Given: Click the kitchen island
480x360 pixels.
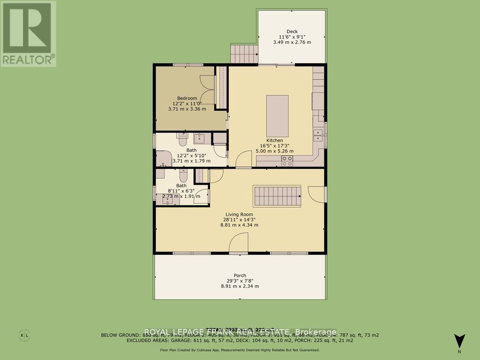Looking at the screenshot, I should pos(277,115).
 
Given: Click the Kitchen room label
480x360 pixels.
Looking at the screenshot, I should pos(275,140).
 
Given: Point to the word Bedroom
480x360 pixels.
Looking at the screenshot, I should pos(187,97).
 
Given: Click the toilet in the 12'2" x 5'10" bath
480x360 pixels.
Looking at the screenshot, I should pos(183,139).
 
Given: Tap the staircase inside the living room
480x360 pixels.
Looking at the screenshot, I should pos(277,195).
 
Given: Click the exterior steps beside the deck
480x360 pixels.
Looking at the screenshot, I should pos(244,53).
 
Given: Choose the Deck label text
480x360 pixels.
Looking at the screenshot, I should pos(292,31).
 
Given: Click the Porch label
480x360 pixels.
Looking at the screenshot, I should pos(240,275).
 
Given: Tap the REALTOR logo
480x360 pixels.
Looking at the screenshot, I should pos(28,33).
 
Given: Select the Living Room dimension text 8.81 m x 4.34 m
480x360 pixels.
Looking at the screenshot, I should pos(240,225).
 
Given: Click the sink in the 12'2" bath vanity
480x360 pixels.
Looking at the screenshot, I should pos(199,138).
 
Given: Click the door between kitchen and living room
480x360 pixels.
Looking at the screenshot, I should pos(243,161).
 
